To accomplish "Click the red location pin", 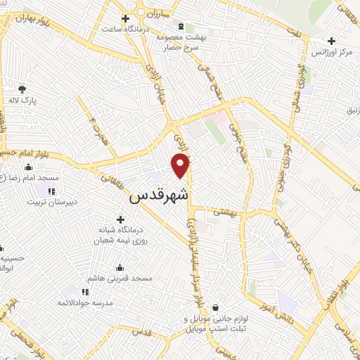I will (x=181, y=165).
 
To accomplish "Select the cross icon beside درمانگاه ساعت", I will (x=126, y=18).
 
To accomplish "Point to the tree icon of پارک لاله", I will (x=22, y=89).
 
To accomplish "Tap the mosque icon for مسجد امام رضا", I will (x=28, y=167).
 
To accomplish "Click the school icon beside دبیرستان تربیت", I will (x=51, y=191).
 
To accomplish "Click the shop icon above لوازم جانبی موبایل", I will (x=215, y=307).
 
